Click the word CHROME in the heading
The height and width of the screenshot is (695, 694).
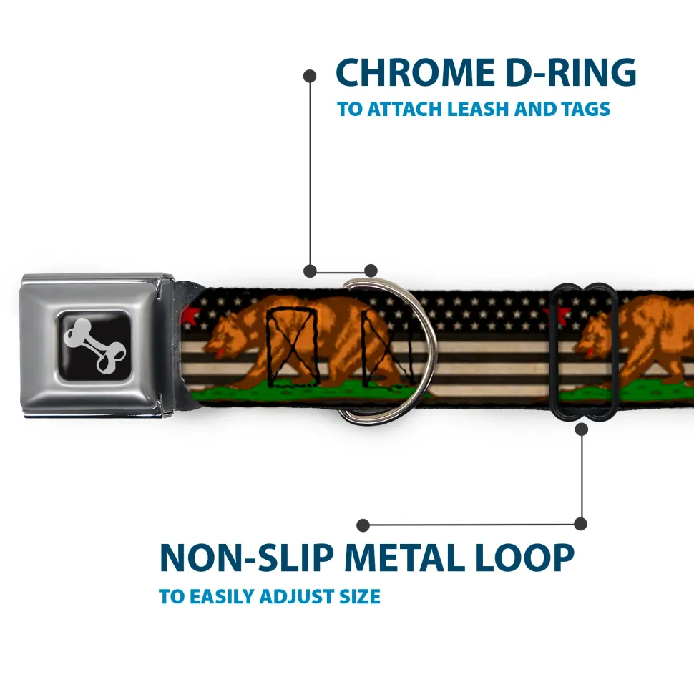(415, 72)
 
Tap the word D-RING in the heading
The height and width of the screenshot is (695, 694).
(571, 72)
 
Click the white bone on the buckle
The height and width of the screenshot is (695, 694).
(94, 345)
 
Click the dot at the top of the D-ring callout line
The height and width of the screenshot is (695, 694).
(310, 76)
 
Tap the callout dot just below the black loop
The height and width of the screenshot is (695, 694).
(582, 429)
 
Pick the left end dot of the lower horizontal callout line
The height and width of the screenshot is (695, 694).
(363, 525)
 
